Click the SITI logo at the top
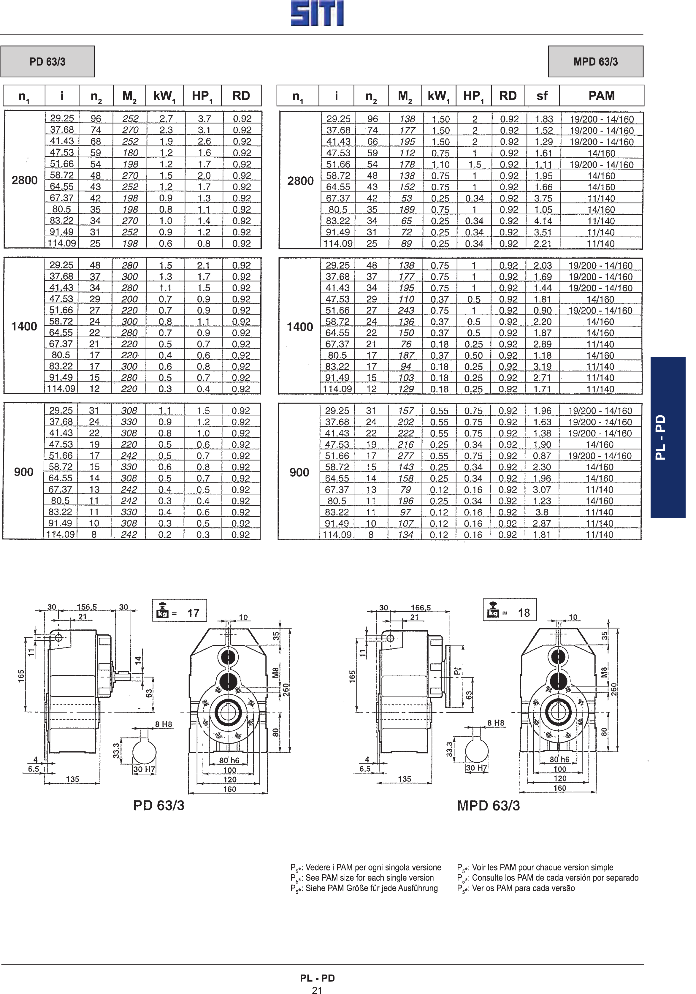point(317,13)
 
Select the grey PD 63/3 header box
point(47,61)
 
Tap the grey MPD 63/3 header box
point(596,61)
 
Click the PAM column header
point(601,96)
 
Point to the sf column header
point(542,96)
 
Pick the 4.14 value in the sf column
point(543,221)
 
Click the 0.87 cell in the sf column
point(542,456)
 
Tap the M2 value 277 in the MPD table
point(405,456)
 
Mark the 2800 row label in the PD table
point(25,180)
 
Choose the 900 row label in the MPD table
point(299,472)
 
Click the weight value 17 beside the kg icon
point(193,613)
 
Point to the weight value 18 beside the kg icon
point(524,612)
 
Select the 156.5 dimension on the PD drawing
point(87,607)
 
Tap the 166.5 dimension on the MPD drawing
point(421,608)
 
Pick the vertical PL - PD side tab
point(668,437)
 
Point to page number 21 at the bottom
point(317,990)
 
